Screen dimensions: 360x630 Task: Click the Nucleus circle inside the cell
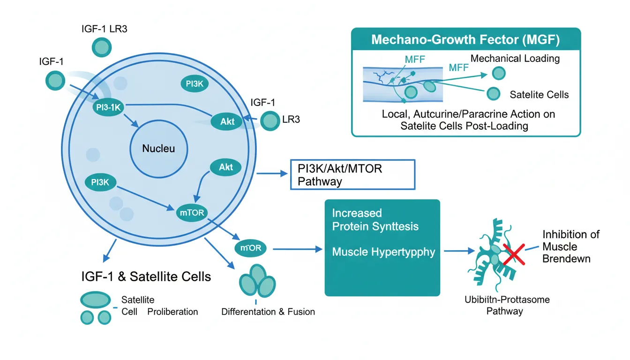click(x=158, y=149)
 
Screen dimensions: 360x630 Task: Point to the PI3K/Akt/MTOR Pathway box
click(x=352, y=174)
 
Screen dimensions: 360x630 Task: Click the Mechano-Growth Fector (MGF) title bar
click(x=465, y=39)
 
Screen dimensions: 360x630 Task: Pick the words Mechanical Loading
click(x=515, y=59)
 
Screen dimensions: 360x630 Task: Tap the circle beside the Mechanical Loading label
click(x=499, y=73)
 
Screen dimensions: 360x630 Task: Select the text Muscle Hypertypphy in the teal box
click(x=383, y=252)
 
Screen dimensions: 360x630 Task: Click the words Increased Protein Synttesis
click(x=375, y=220)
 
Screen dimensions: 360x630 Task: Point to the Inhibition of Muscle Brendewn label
click(x=571, y=247)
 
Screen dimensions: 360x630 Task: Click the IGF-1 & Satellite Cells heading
click(x=146, y=277)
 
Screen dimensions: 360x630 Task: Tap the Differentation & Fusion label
click(x=268, y=312)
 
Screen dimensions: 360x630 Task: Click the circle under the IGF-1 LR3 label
click(x=101, y=47)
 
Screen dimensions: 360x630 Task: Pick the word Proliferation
click(x=172, y=312)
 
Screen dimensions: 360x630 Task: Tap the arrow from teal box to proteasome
click(x=457, y=251)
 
